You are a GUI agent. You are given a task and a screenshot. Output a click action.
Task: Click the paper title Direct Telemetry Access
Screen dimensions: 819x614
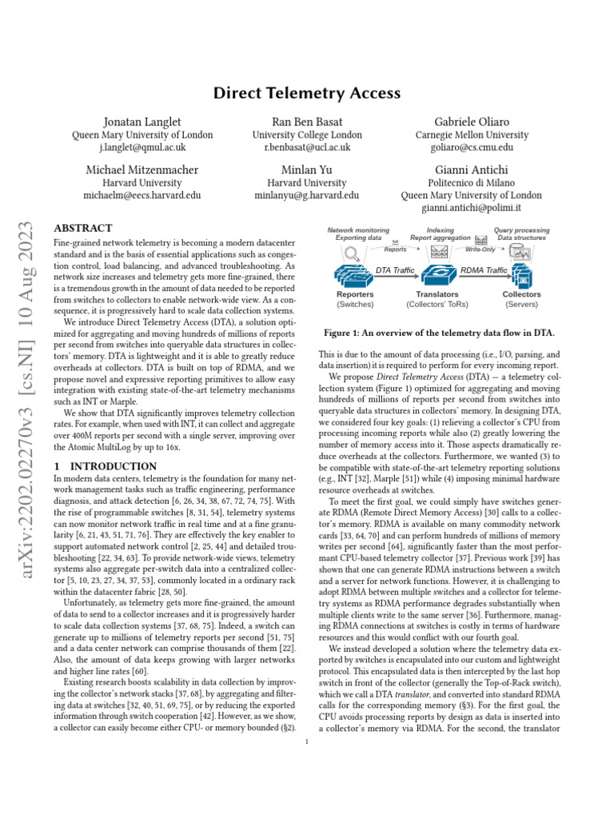(x=307, y=93)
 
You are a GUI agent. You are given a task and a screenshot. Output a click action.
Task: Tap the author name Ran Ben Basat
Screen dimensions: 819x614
(x=307, y=122)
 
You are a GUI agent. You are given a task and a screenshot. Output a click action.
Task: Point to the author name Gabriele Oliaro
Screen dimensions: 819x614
(x=472, y=122)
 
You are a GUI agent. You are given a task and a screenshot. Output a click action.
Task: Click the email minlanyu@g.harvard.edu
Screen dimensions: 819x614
(x=307, y=195)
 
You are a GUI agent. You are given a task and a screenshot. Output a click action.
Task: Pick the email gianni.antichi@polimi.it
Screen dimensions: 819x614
(x=472, y=209)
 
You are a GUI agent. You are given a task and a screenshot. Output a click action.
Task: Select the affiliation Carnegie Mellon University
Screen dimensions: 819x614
(x=472, y=135)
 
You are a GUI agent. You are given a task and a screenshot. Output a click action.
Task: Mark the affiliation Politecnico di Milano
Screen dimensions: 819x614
(x=472, y=182)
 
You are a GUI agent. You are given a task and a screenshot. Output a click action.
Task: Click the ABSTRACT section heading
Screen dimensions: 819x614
(x=82, y=228)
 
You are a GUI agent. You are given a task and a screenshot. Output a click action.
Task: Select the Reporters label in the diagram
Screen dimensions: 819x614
(x=355, y=294)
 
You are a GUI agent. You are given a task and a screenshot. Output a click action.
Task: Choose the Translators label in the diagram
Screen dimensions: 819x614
(x=437, y=294)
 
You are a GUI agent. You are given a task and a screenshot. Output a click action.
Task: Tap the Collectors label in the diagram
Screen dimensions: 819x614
(x=521, y=294)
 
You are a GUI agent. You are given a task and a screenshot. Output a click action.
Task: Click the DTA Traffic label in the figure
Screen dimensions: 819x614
(x=395, y=270)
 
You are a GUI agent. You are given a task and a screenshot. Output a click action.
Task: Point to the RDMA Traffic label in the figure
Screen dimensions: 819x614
(x=484, y=270)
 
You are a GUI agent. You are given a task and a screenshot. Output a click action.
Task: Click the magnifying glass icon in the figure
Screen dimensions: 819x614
(x=353, y=254)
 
